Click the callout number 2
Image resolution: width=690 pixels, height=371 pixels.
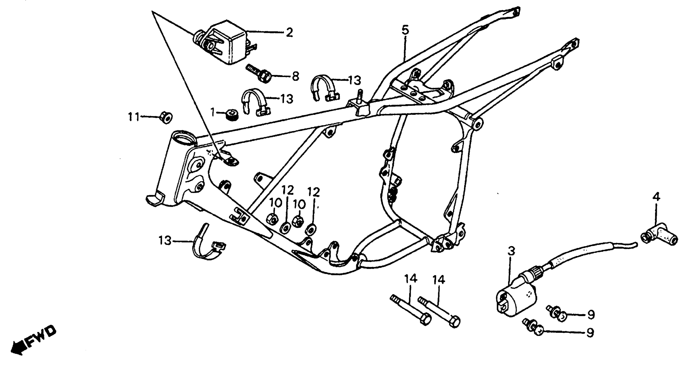click(289, 33)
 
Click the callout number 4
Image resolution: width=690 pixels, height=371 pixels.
click(656, 197)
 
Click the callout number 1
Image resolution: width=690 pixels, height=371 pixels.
click(213, 112)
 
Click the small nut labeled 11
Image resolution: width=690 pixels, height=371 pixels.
click(166, 117)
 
